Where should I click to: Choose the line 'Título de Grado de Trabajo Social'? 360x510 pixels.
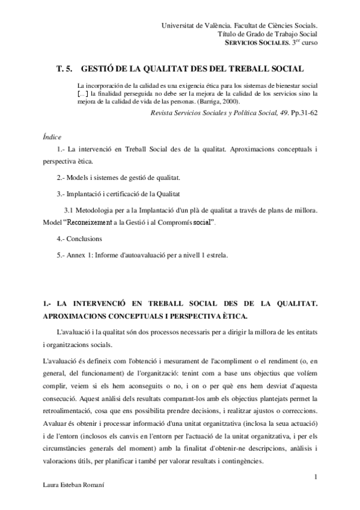(267, 34)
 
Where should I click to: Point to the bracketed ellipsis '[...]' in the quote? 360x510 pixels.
(85, 94)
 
